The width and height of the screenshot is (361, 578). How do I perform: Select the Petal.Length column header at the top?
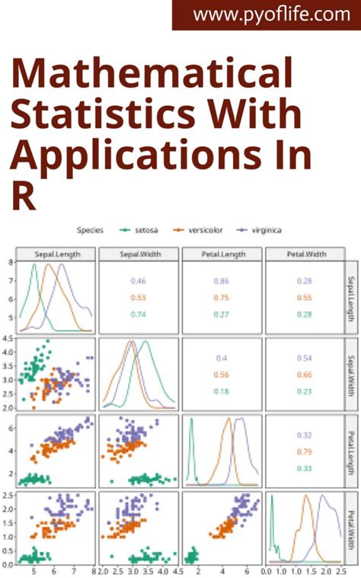[222, 254]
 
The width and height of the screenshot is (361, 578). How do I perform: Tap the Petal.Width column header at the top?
[304, 254]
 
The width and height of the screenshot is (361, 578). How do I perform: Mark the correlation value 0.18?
[221, 391]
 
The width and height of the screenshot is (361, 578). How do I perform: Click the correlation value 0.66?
[304, 374]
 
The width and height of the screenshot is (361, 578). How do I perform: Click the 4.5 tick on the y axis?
[8, 338]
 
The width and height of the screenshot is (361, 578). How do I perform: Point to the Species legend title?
[90, 229]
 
